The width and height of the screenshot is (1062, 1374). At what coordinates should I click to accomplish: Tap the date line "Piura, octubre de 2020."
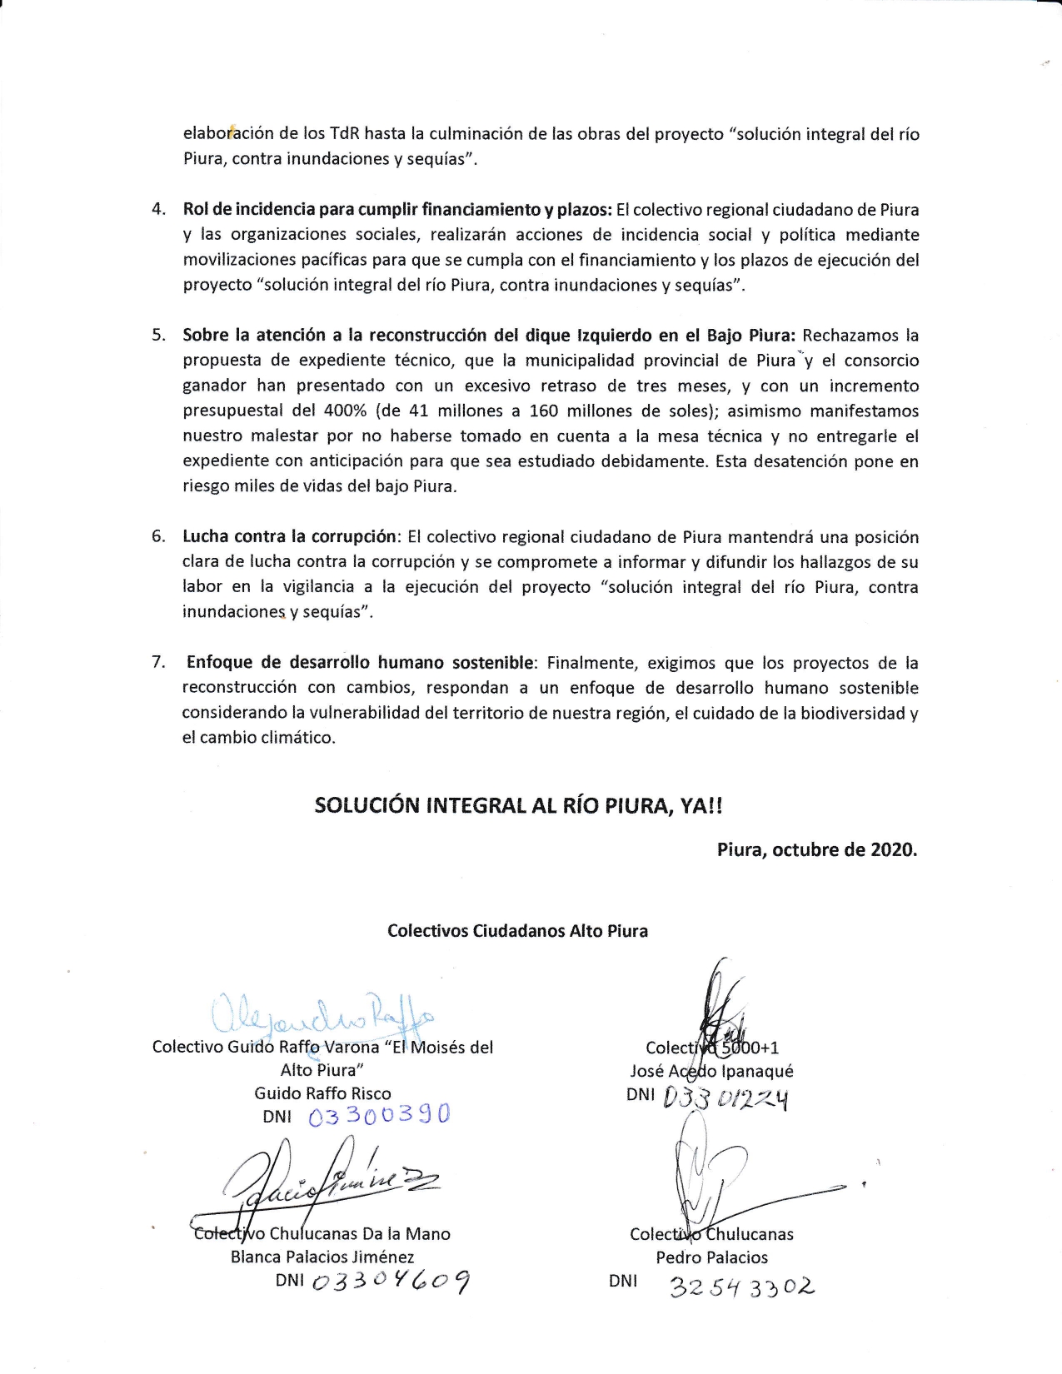(x=816, y=850)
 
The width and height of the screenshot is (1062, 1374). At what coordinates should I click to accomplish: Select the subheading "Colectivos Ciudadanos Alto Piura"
(x=517, y=931)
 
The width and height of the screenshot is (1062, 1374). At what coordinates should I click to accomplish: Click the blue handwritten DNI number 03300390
(x=379, y=1115)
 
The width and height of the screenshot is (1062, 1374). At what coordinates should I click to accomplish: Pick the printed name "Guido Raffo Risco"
(x=322, y=1093)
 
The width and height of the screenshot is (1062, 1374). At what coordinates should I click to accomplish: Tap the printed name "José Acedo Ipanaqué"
(x=711, y=1071)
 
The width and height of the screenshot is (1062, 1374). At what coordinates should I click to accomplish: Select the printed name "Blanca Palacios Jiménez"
(x=322, y=1257)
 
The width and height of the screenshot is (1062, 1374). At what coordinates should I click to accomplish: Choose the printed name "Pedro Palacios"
(x=711, y=1257)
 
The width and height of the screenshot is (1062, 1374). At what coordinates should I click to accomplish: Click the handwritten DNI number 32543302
(x=741, y=1287)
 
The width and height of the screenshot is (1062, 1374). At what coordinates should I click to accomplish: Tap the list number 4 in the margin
(x=158, y=210)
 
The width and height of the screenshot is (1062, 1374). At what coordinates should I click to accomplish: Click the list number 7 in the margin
(x=158, y=663)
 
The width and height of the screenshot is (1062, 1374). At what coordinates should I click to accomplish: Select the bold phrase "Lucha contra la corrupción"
(x=288, y=537)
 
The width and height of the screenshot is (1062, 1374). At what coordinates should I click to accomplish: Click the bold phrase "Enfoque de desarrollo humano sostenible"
(x=360, y=663)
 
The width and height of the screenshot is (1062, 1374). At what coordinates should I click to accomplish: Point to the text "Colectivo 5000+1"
(x=712, y=1048)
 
